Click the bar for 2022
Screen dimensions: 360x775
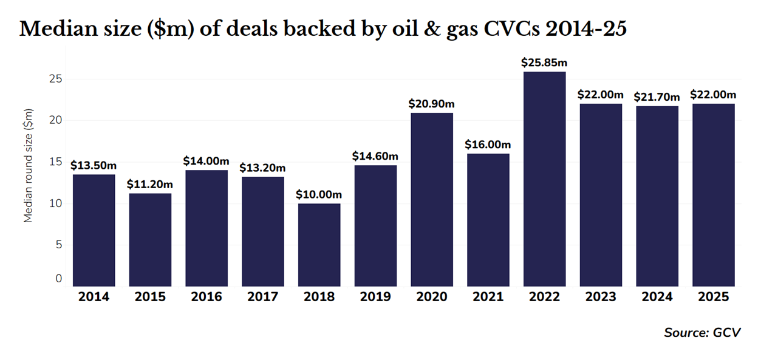coord(544,179)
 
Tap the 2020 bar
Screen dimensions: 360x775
coord(432,200)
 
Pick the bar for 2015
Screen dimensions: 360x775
coord(150,240)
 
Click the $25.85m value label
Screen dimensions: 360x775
coord(544,63)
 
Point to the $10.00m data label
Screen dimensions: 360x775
coord(319,195)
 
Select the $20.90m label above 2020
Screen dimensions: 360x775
coord(432,104)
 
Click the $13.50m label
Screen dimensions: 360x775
coord(94,165)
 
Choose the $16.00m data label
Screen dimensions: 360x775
coord(488,144)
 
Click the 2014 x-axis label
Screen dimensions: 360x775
coord(94,297)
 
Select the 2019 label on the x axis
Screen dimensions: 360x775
coord(375,297)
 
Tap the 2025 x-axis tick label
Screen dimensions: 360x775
coord(713,297)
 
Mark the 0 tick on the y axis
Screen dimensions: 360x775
coord(59,279)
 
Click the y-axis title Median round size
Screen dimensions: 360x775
coord(28,165)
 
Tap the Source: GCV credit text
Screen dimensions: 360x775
coord(702,332)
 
